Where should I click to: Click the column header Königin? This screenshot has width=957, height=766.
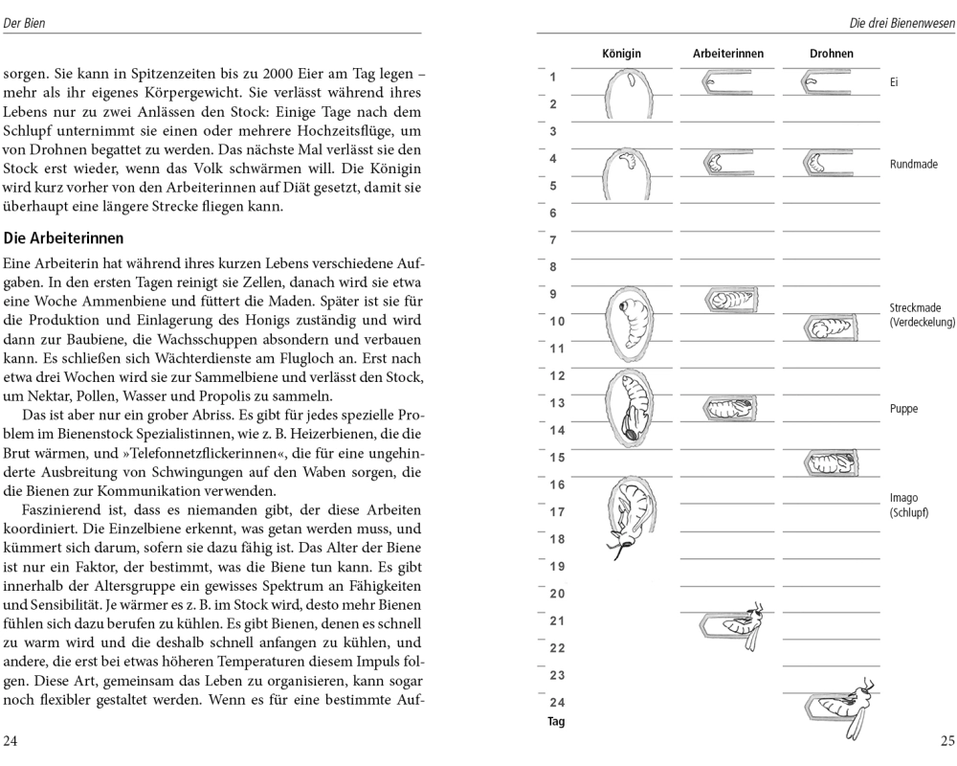(621, 54)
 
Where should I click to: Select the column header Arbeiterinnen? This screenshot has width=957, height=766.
(728, 54)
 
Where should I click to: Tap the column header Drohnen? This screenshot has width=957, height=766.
(831, 54)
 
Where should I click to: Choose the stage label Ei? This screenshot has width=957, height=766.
(893, 83)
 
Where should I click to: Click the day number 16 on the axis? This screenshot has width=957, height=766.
(557, 484)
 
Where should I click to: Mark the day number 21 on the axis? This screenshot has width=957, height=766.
(557, 620)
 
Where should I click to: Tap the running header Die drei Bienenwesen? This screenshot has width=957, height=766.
(901, 22)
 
